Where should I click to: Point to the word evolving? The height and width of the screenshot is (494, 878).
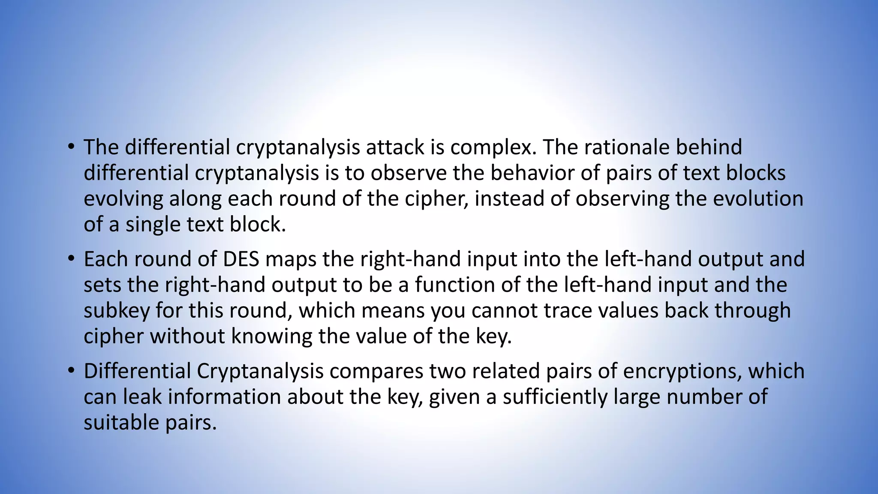click(x=123, y=199)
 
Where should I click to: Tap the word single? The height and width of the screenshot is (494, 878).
click(x=153, y=225)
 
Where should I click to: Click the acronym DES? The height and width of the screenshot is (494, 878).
click(x=241, y=259)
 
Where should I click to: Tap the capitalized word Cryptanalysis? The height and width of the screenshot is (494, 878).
click(x=260, y=372)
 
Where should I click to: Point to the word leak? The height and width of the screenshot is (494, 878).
click(x=142, y=397)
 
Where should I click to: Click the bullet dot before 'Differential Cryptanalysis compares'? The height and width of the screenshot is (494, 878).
click(x=71, y=371)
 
